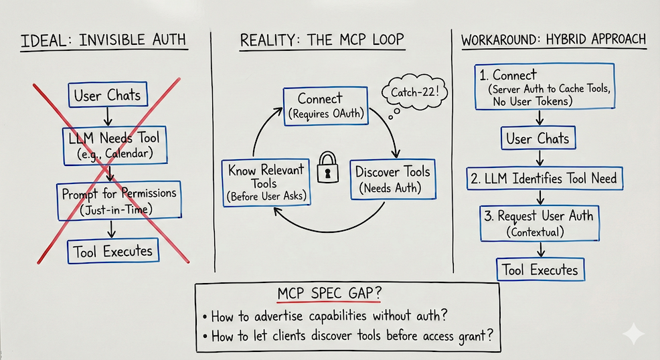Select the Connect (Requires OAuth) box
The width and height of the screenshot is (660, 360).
tap(326, 105)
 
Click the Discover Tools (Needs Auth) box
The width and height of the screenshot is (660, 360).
tap(392, 179)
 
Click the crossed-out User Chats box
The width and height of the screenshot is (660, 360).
tap(107, 95)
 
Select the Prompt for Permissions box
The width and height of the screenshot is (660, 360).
tap(119, 200)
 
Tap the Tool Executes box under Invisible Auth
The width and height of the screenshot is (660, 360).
tap(113, 252)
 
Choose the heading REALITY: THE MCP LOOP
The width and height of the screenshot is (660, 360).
tap(322, 40)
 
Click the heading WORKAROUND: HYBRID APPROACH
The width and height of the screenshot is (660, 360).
tap(554, 40)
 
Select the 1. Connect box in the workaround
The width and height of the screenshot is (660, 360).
tap(544, 86)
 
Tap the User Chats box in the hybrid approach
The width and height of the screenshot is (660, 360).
tap(538, 139)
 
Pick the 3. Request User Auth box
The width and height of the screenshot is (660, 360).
tap(540, 223)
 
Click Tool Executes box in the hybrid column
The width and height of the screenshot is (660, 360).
tap(540, 270)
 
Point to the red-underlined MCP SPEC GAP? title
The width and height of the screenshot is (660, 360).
tap(325, 294)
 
